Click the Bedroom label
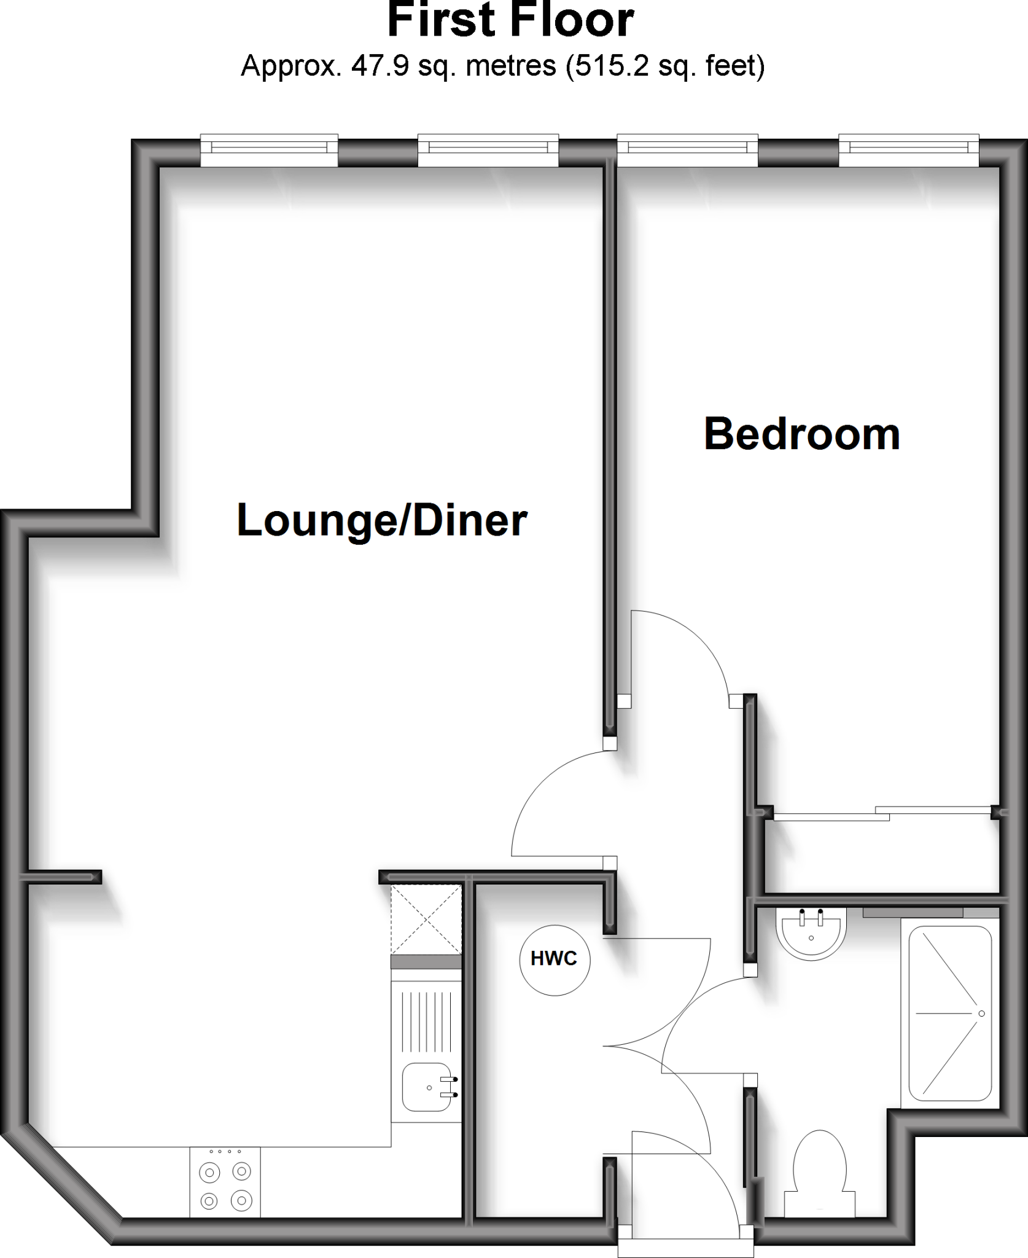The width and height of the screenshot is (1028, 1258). coord(801,434)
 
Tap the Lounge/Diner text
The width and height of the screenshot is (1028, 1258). coord(382,520)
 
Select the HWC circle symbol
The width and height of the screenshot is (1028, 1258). coord(555,959)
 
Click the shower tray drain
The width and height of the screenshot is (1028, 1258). coord(981,1013)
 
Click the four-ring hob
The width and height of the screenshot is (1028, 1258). coord(225,1182)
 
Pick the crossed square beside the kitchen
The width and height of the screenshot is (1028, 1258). coord(426,919)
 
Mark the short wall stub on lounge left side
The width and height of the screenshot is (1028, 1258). coord(61,877)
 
